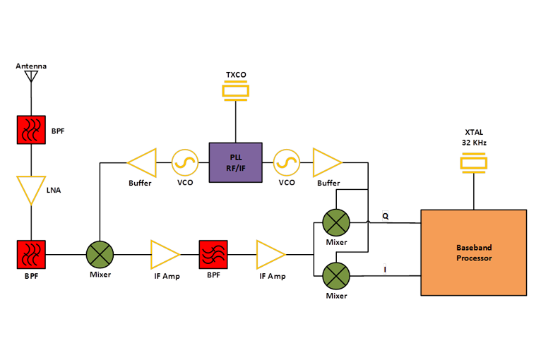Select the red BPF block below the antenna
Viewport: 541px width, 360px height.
pos(31,131)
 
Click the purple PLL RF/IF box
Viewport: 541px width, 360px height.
pos(235,163)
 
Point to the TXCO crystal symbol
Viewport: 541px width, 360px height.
pos(236,91)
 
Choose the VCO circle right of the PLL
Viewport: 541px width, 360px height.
pos(287,163)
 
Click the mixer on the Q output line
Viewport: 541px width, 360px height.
pos(336,223)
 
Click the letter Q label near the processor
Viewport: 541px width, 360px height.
pos(385,215)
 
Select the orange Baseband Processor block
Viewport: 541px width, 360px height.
pos(473,252)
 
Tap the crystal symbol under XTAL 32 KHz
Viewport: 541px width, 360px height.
pos(473,164)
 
